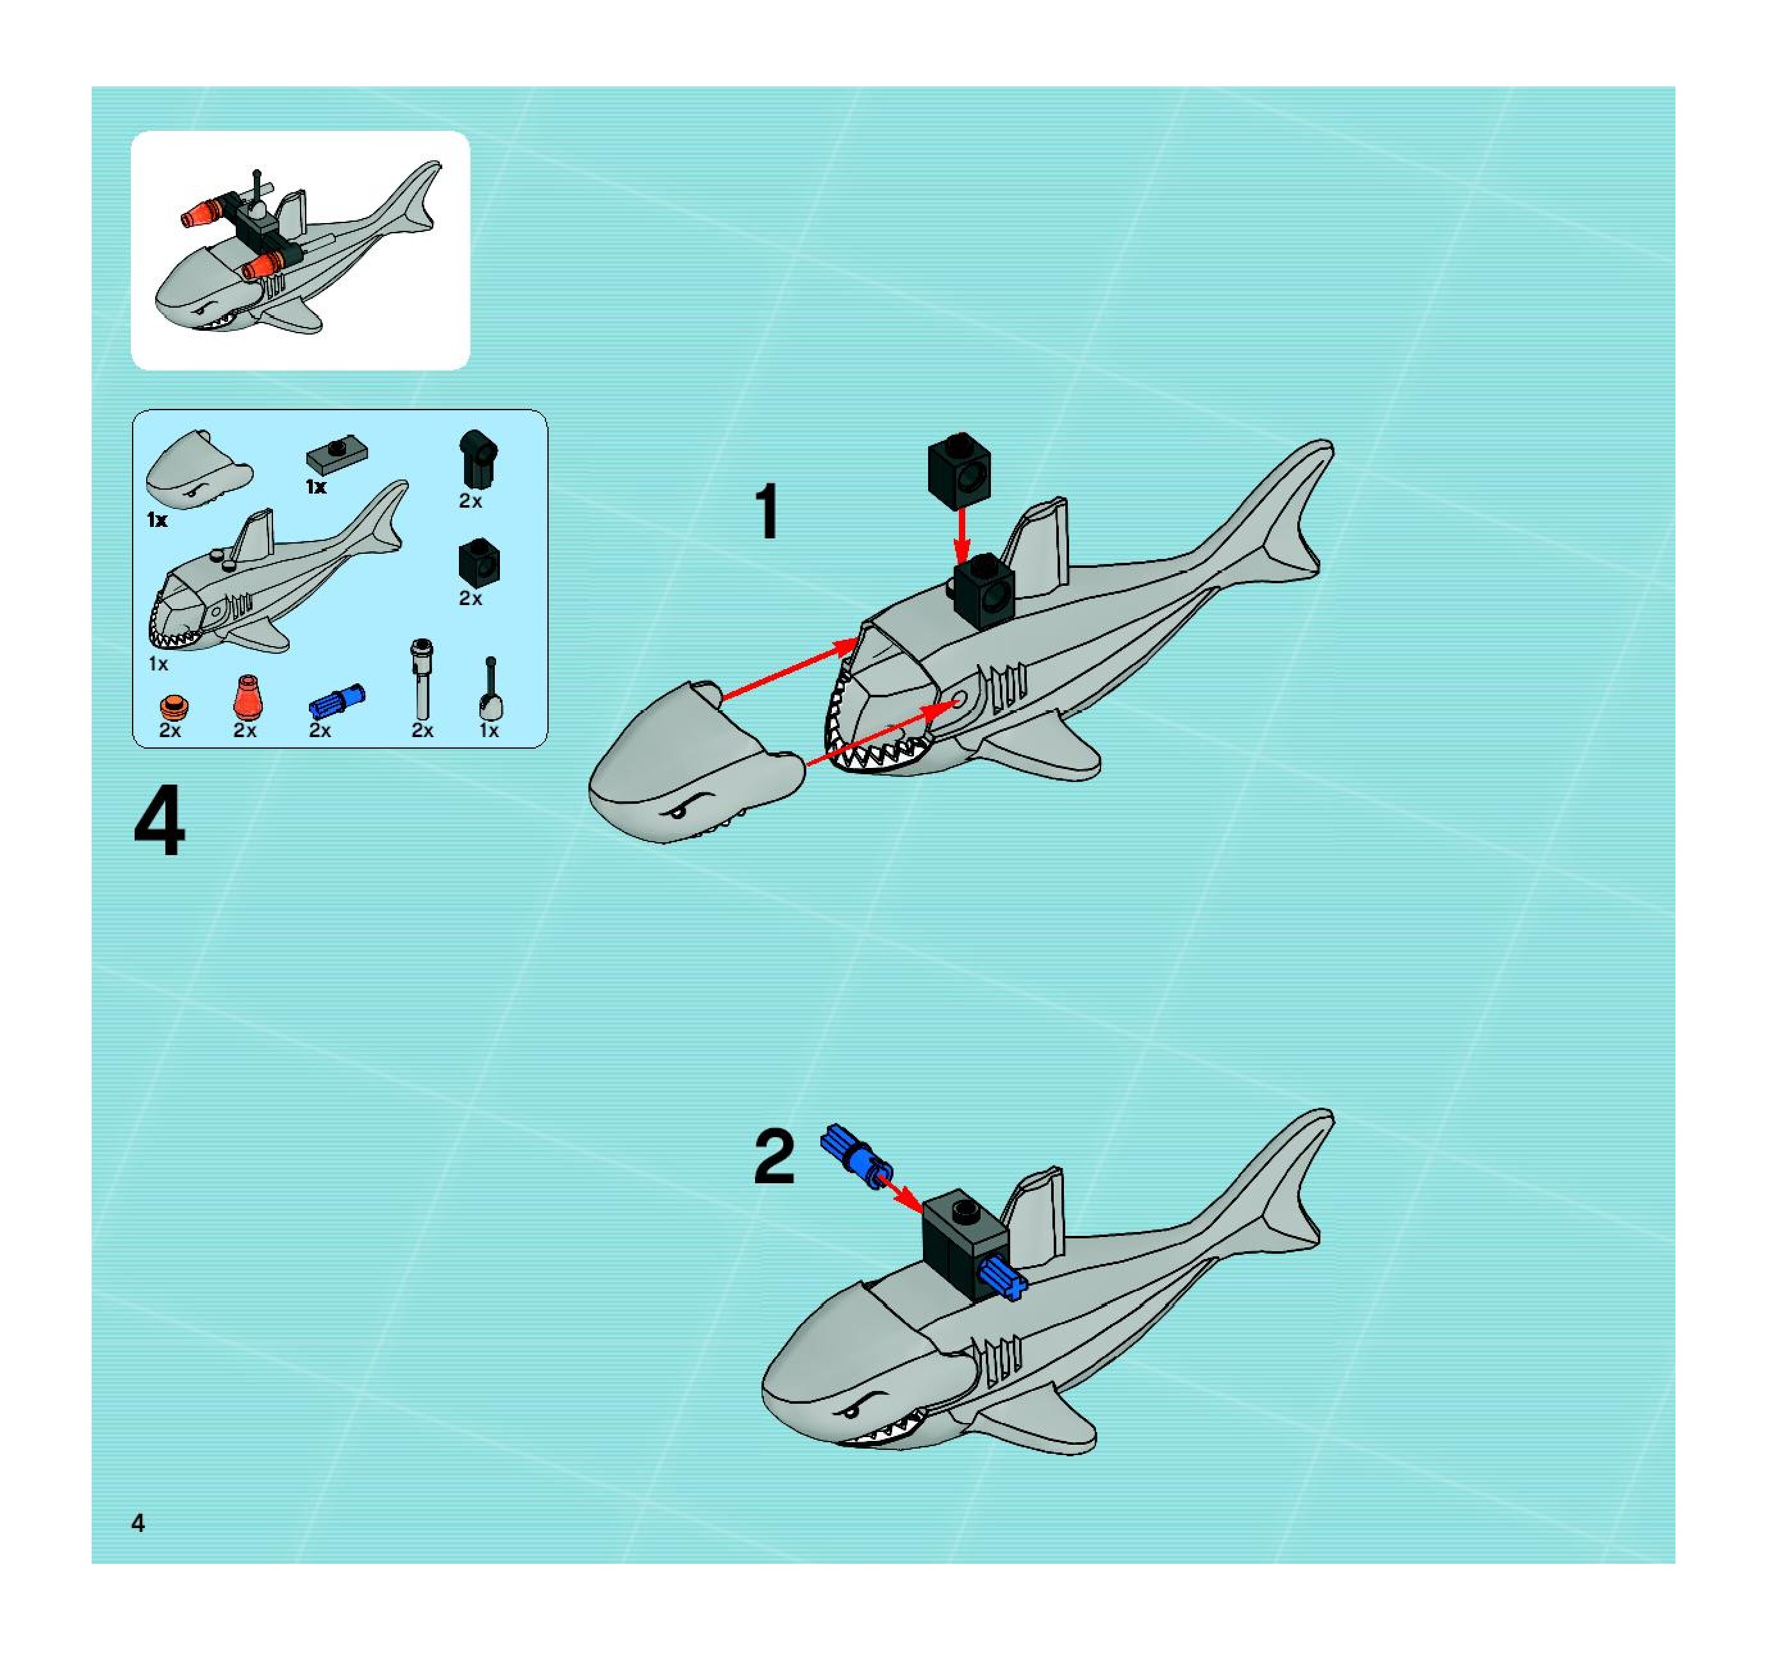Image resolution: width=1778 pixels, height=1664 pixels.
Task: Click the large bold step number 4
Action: tap(159, 820)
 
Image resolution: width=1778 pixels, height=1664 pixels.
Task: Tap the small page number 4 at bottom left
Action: tap(138, 1522)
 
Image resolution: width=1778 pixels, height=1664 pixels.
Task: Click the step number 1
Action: tap(767, 511)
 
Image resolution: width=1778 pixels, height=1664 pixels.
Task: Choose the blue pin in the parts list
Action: tap(337, 703)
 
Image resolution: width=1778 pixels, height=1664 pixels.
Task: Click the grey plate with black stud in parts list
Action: tap(336, 454)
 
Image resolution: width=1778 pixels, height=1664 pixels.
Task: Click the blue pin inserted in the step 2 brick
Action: tap(1004, 1276)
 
